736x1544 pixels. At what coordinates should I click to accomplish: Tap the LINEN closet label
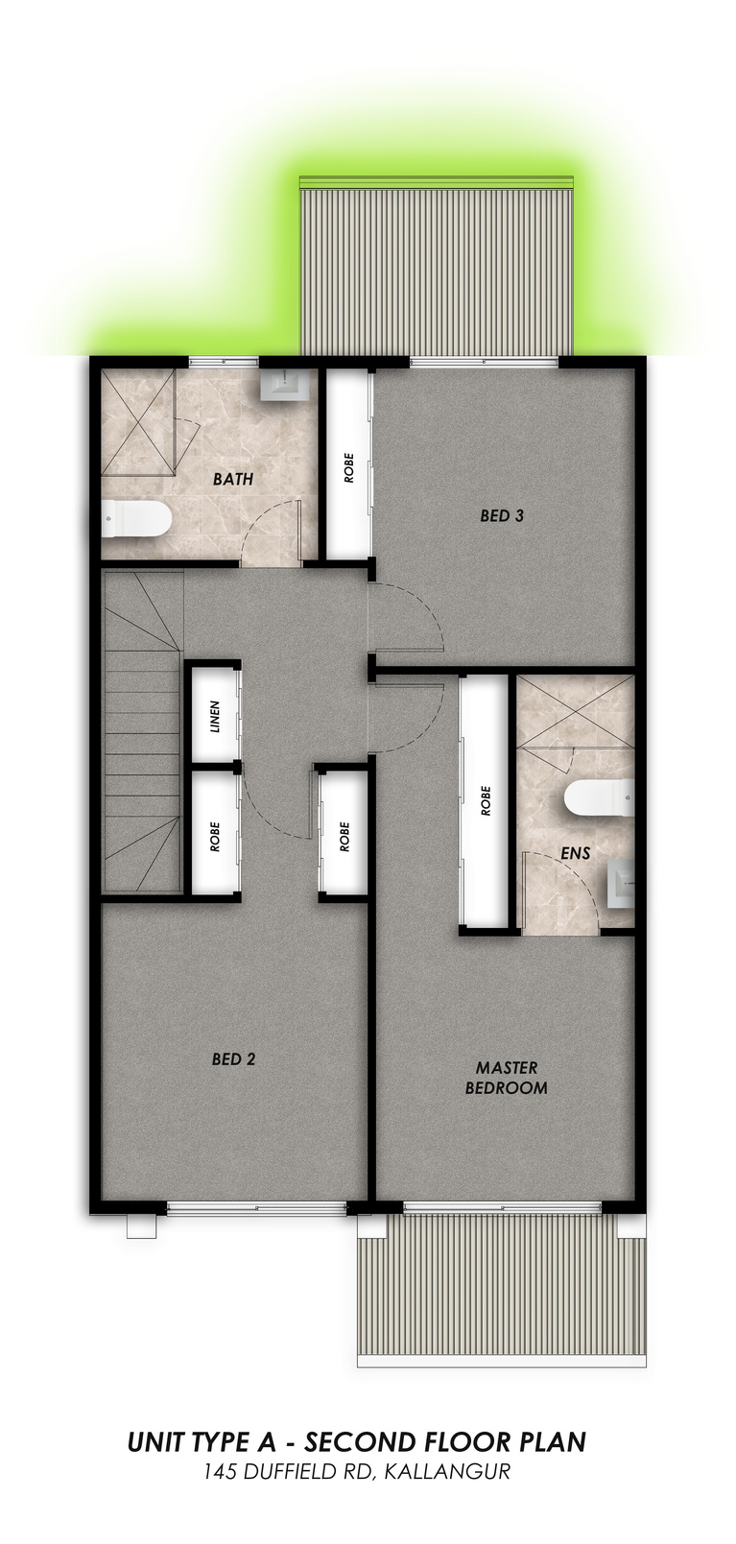coord(215,717)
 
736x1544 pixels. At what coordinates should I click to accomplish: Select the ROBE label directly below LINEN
coord(215,836)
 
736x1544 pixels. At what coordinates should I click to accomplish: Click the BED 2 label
coord(233,1058)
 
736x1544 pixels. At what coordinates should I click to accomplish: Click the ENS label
coord(576,853)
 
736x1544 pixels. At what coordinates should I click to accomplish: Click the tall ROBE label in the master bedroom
coord(486,800)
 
